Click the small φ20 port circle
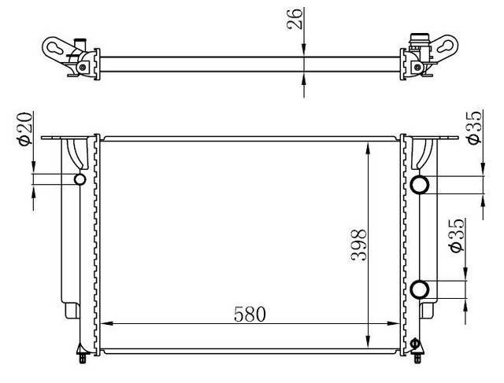[x=80, y=181]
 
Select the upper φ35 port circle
[x=420, y=185]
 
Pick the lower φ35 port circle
[x=420, y=289]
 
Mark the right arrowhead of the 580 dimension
[x=395, y=324]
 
